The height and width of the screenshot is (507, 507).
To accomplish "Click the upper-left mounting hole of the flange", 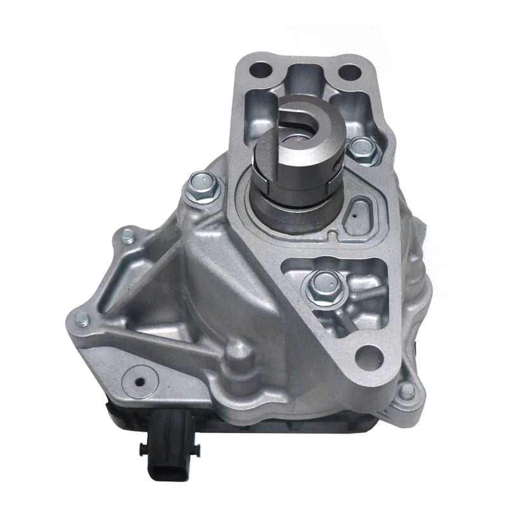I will tap(260, 68).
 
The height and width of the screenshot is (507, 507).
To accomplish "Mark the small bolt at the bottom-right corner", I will tap(408, 390).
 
